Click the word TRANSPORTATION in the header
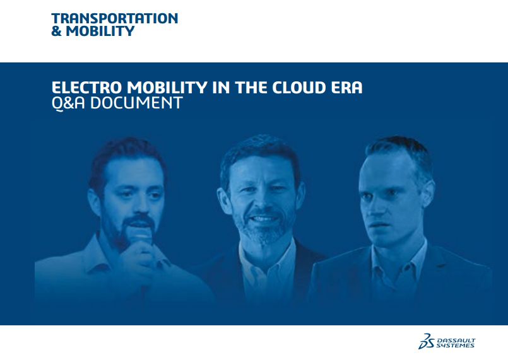(x=115, y=18)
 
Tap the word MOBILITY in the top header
(x=100, y=31)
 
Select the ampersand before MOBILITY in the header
(x=56, y=31)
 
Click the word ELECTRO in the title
(x=87, y=88)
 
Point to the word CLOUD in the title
(x=298, y=88)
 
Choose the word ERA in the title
(x=346, y=88)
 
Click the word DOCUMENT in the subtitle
(x=136, y=103)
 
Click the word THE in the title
(x=251, y=88)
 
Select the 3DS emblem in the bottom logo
(x=427, y=341)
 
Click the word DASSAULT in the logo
(x=456, y=340)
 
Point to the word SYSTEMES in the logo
(x=455, y=345)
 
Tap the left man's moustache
(x=139, y=221)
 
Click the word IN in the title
(x=221, y=88)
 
